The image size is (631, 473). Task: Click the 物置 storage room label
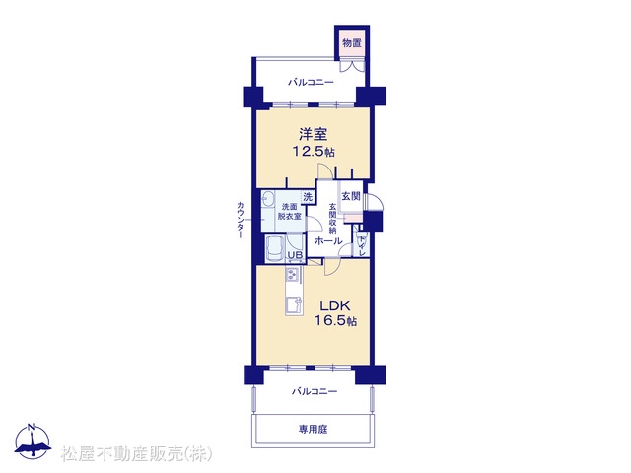coord(352,43)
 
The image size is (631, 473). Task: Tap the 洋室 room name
coord(313,134)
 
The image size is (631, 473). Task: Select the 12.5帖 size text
coord(314,152)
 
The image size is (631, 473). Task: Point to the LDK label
coord(335,305)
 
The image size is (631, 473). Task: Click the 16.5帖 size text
coord(335,321)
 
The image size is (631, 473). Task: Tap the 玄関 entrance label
coord(351,196)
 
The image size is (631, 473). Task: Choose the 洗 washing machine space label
coord(308,197)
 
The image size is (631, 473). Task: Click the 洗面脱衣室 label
coord(289,212)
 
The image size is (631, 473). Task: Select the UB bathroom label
coord(295,255)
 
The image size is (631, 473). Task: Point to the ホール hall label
coord(328,241)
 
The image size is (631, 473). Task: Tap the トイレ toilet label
coord(362,244)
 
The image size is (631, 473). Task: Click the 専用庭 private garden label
coord(314,430)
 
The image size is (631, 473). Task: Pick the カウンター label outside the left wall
coord(241,220)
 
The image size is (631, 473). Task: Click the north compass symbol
coord(33,441)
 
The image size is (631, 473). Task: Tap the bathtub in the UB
coord(276,249)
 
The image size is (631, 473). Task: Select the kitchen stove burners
coord(292,276)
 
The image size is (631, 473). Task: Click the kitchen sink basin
coord(294,305)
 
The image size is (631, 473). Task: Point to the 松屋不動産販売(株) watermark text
coord(137,454)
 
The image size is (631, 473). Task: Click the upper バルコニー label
coord(311,83)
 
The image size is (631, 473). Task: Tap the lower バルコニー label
coord(315,391)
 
